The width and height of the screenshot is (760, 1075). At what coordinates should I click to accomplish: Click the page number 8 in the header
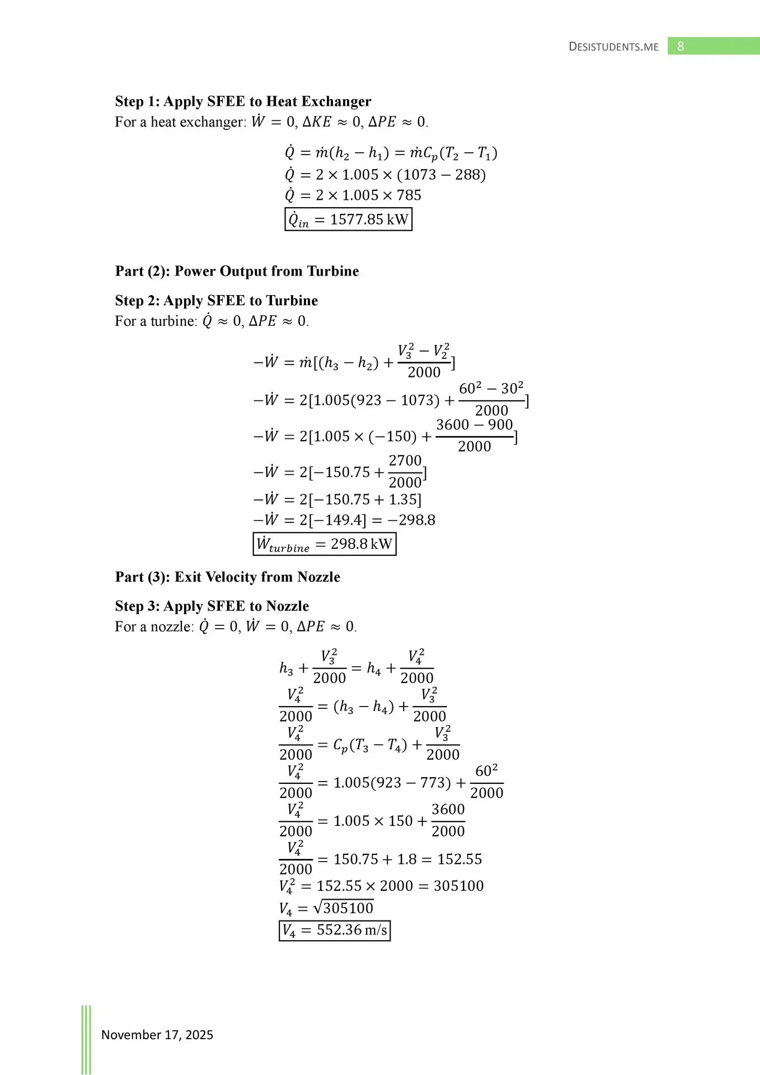681,46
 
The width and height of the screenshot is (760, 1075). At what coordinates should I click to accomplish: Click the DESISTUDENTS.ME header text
613,47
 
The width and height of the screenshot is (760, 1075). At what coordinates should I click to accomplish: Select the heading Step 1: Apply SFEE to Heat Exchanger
243,101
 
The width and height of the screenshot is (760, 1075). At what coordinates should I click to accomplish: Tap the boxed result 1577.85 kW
348,219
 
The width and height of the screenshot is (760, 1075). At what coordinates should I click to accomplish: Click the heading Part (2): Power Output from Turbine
237,271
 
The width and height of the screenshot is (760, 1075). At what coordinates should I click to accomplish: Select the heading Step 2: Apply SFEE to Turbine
216,301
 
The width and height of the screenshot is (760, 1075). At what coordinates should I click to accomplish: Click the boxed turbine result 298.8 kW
325,544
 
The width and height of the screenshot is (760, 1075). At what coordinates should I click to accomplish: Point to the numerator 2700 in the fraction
405,461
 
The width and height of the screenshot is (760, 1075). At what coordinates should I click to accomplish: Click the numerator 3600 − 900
475,425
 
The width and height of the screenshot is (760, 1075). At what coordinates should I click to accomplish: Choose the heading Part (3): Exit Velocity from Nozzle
227,577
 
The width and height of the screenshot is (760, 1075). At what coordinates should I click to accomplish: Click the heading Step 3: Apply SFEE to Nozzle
212,606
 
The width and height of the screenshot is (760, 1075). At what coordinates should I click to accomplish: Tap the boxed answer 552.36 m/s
335,931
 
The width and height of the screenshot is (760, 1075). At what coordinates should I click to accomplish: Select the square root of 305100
343,908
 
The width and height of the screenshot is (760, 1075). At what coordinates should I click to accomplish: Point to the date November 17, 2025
157,1035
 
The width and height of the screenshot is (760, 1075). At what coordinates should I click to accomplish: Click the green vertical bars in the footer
86,1039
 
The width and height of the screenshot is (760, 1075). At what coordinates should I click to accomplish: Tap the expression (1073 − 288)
442,175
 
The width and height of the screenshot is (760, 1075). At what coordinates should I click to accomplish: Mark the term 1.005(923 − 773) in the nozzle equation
392,783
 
